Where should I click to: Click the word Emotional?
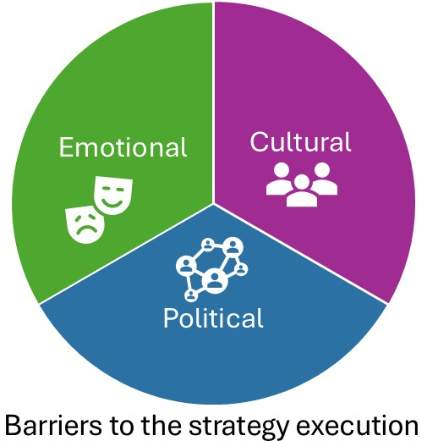point(123,147)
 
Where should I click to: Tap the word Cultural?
point(300,142)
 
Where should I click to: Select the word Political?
point(213,318)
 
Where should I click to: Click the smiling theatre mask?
point(113,196)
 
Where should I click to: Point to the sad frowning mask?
point(85,224)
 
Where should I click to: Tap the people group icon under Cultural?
point(302,185)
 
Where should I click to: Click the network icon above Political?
point(212,269)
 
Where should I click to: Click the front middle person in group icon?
point(302,191)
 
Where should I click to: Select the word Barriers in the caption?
point(53,425)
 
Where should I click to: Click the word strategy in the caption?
point(239,427)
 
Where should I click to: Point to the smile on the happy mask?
point(112,202)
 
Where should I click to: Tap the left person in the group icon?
point(279,179)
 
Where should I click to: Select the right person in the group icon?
point(324,179)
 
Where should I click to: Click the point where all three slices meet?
point(213,203)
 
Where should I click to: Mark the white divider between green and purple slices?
point(213,102)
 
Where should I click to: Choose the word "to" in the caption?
point(122,426)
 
